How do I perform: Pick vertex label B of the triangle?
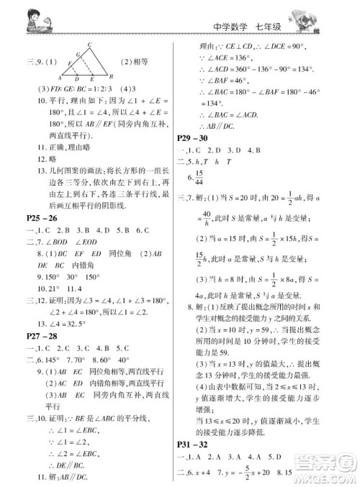109,76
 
